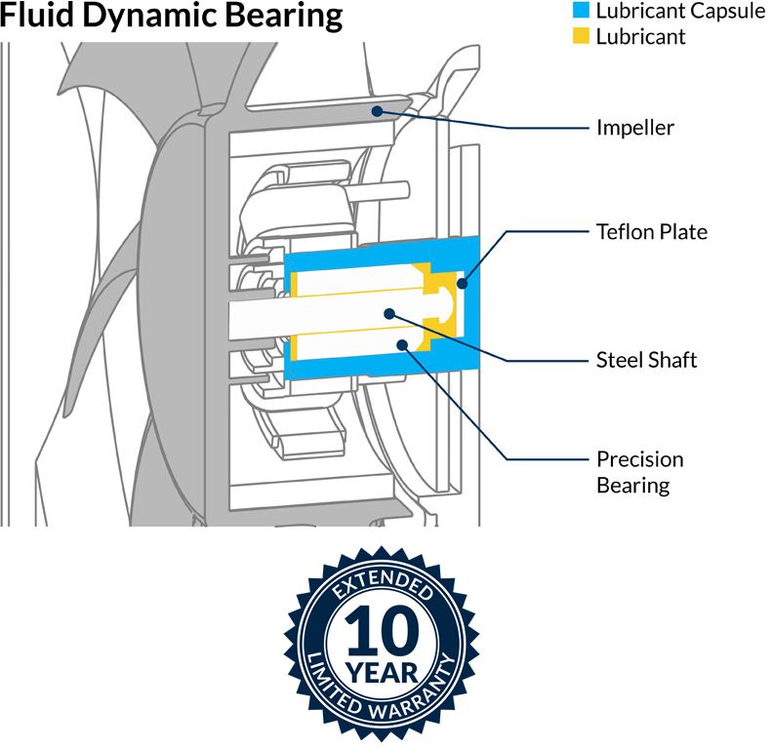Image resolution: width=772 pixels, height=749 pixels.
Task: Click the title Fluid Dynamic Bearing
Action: click(171, 16)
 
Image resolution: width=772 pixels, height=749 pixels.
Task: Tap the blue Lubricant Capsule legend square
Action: click(581, 11)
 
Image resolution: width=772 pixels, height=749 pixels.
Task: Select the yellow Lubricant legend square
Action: click(581, 36)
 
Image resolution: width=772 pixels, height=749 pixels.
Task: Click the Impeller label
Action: click(635, 128)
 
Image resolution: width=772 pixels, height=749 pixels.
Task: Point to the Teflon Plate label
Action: click(652, 232)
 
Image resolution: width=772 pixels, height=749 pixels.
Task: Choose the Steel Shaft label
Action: click(646, 360)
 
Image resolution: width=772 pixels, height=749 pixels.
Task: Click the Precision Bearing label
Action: click(640, 472)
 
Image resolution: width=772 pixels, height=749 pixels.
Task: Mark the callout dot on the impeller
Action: click(377, 111)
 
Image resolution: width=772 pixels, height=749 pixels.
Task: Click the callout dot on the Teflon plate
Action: click(462, 284)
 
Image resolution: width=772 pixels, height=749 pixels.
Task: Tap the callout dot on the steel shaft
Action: click(389, 313)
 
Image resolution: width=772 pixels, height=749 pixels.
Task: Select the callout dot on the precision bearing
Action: click(402, 345)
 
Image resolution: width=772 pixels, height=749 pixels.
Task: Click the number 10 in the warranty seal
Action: click(382, 631)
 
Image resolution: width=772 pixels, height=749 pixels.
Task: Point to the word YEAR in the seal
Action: click(382, 673)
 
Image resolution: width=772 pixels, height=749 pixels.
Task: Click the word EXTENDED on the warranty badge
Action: click(382, 584)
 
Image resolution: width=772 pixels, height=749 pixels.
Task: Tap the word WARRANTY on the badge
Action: click(413, 691)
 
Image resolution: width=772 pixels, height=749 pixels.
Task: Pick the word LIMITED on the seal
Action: click(332, 684)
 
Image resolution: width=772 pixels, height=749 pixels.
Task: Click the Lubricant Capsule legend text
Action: click(680, 12)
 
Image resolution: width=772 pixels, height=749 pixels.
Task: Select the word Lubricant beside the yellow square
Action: click(640, 37)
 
